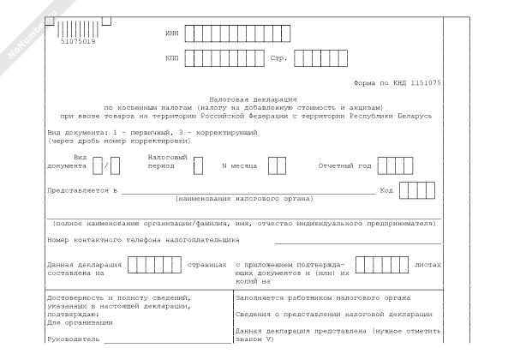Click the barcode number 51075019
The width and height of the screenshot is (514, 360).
pyautogui.click(x=78, y=42)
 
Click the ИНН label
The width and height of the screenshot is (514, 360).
pyautogui.click(x=172, y=33)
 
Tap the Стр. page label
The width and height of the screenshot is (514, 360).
pyautogui.click(x=278, y=59)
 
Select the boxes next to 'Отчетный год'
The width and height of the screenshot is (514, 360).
pyautogui.click(x=395, y=165)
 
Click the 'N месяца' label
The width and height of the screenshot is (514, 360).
pyautogui.click(x=236, y=165)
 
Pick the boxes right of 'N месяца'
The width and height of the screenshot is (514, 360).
pyautogui.click(x=277, y=165)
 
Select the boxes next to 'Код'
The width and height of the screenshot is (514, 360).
pyautogui.click(x=417, y=190)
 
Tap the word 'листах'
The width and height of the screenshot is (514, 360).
pyautogui.click(x=427, y=265)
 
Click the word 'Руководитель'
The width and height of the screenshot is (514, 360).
pyautogui.click(x=71, y=339)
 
